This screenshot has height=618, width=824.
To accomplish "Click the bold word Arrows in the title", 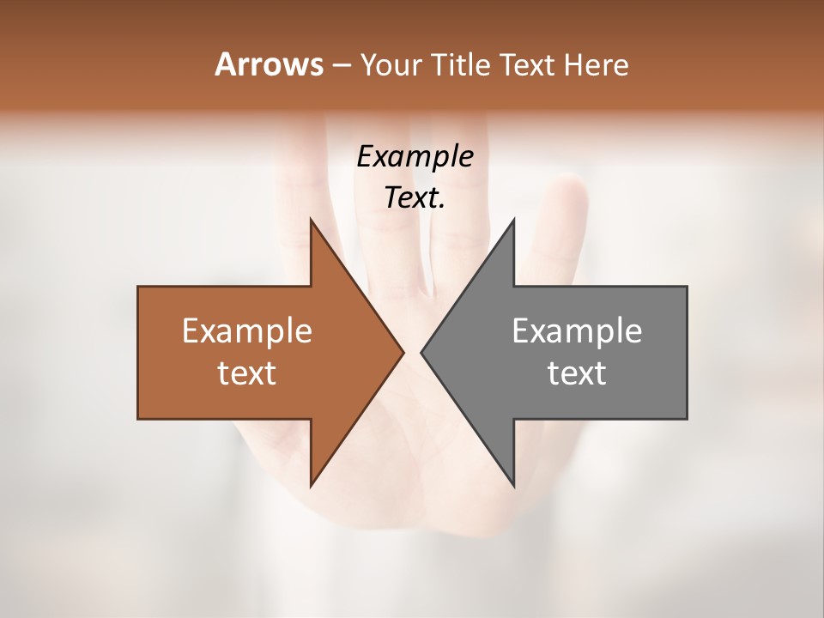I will [x=268, y=64].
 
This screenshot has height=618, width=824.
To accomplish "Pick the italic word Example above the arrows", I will [x=415, y=157].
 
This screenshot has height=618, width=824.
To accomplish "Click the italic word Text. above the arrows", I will [x=415, y=198].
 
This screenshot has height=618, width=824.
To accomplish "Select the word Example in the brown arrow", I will [x=247, y=331].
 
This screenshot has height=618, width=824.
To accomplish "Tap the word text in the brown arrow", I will [x=247, y=373].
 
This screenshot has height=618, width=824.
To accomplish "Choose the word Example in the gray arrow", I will [x=577, y=331].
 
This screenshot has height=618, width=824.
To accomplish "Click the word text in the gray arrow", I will [x=577, y=373].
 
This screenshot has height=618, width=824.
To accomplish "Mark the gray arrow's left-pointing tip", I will [x=422, y=352].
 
